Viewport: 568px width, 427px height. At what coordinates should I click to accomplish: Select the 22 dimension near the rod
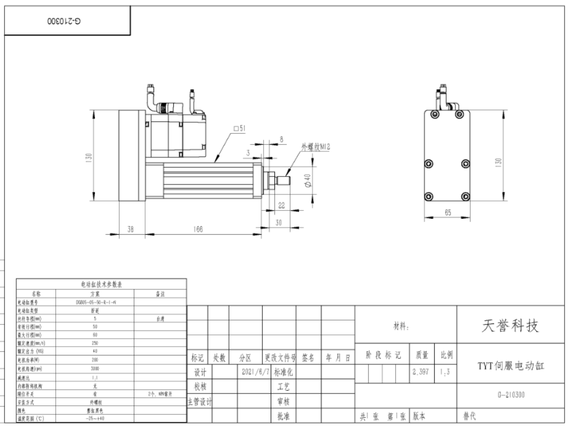[x=282, y=205]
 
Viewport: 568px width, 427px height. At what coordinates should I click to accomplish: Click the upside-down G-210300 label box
[x=64, y=21]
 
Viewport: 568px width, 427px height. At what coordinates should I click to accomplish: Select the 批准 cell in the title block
[x=283, y=417]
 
